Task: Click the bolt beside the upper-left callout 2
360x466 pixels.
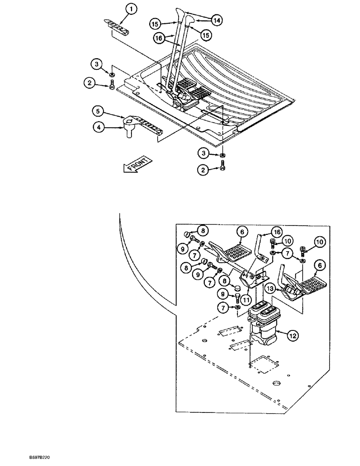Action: click(x=112, y=85)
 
